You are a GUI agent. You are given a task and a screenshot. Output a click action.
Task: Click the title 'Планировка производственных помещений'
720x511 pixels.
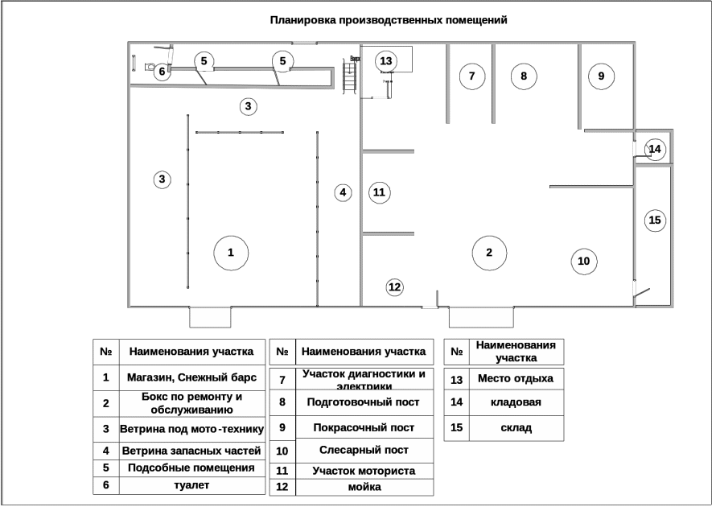pyautogui.click(x=389, y=20)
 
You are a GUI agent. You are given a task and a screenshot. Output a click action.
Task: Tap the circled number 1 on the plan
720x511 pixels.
pyautogui.click(x=231, y=253)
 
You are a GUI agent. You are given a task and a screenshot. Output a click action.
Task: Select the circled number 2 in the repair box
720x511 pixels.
pyautogui.click(x=489, y=253)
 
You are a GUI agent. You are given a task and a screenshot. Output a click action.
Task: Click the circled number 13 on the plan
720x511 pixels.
pyautogui.click(x=386, y=61)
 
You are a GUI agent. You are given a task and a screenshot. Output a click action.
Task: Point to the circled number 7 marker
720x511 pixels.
pyautogui.click(x=472, y=76)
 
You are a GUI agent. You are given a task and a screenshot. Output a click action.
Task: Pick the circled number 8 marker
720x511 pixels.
pyautogui.click(x=524, y=76)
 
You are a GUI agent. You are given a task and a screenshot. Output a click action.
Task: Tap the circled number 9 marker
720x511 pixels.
pyautogui.click(x=601, y=76)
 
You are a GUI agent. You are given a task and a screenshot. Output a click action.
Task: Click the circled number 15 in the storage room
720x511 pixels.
pyautogui.click(x=655, y=220)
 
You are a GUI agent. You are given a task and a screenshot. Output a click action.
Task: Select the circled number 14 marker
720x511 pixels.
pyautogui.click(x=655, y=149)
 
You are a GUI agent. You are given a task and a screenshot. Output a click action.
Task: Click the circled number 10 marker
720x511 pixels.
pyautogui.click(x=584, y=261)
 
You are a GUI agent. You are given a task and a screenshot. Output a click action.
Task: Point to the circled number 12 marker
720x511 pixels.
pyautogui.click(x=394, y=287)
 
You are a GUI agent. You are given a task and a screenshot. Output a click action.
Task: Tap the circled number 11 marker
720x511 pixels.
pyautogui.click(x=379, y=192)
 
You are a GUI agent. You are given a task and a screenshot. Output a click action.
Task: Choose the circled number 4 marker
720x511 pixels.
pyautogui.click(x=344, y=192)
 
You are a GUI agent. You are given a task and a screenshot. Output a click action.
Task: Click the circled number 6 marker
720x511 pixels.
pyautogui.click(x=162, y=72)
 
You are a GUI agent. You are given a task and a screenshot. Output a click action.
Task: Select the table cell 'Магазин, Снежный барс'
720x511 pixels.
pyautogui.click(x=191, y=377)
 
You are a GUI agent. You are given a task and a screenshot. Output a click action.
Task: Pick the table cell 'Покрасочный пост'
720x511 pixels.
pyautogui.click(x=364, y=427)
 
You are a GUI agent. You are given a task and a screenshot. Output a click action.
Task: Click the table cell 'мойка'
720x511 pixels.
pyautogui.click(x=364, y=487)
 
